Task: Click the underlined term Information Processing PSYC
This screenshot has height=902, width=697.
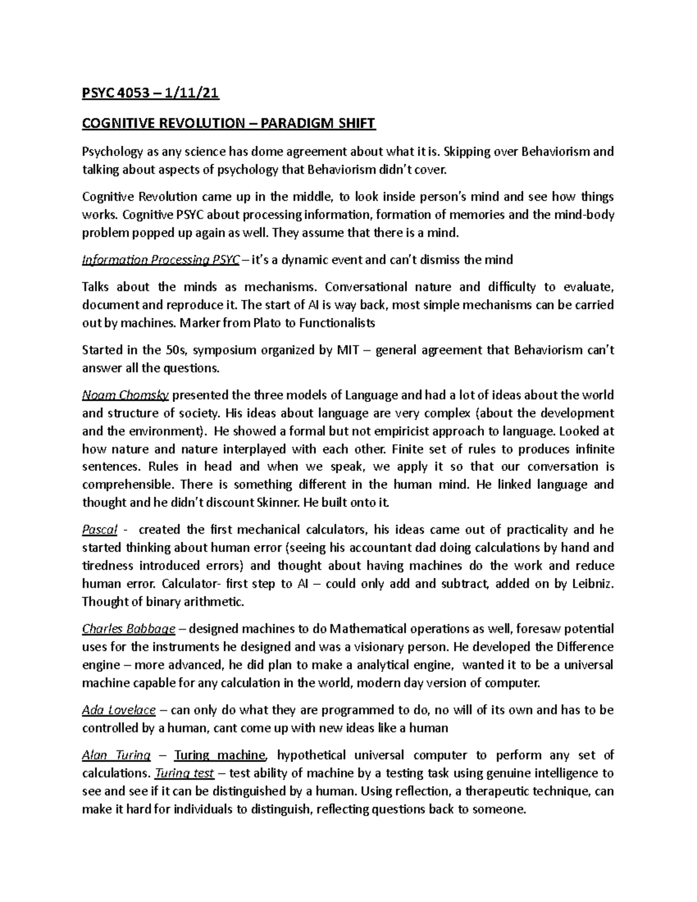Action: coord(160,260)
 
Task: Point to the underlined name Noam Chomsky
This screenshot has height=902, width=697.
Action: coord(125,396)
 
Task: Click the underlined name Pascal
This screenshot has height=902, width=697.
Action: coord(100,530)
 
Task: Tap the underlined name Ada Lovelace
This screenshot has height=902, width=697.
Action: coord(119,710)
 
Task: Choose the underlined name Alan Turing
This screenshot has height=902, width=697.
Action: coord(116,756)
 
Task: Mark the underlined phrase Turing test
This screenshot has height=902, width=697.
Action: coord(184,774)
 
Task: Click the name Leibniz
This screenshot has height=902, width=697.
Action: coord(591,584)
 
